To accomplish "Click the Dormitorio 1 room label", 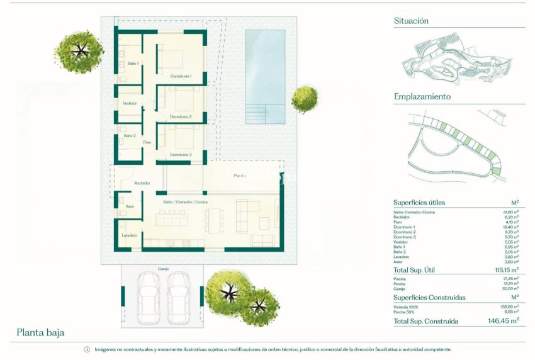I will click(x=181, y=76).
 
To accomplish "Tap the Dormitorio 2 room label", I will click(x=181, y=116).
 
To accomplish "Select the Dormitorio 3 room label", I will click(x=181, y=155).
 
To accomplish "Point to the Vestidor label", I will click(x=130, y=103).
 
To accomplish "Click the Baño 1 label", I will click(x=133, y=64).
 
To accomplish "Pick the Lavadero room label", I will click(x=130, y=235).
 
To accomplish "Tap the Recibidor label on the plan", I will click(x=143, y=183).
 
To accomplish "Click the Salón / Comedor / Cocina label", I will click(x=185, y=202).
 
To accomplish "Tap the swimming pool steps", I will click(x=256, y=114).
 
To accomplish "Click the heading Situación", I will click(x=411, y=21).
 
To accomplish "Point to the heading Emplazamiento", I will click(x=422, y=97).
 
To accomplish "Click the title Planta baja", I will click(x=40, y=332).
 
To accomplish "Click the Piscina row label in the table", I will click(x=400, y=278).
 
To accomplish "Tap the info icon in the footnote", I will click(x=87, y=350).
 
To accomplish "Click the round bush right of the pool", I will click(x=305, y=99).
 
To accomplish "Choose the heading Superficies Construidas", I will click(x=429, y=297).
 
